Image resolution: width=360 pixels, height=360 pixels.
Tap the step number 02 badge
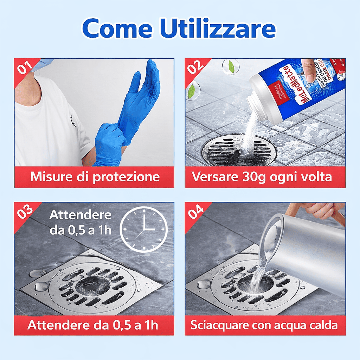(x=195, y=67)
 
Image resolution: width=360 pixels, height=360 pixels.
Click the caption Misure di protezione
(x=94, y=177)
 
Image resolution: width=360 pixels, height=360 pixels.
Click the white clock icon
(x=144, y=229)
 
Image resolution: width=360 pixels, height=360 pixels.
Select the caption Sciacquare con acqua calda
(x=264, y=325)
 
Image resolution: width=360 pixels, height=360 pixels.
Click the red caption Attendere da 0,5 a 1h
(x=93, y=325)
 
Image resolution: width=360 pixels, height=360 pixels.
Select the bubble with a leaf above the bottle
(x=231, y=66)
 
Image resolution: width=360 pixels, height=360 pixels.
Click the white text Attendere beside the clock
(x=80, y=215)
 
